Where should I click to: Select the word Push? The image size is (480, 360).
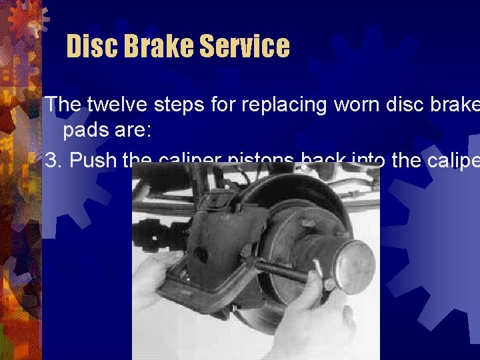tap(91, 161)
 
